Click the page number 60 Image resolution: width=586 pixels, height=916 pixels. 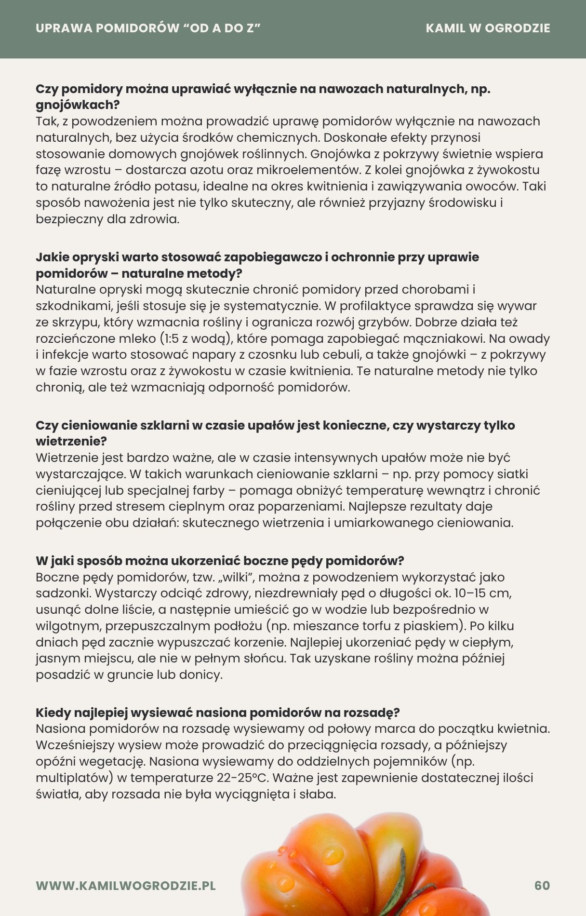point(542,886)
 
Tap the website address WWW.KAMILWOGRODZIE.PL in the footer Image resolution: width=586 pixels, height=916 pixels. point(126,886)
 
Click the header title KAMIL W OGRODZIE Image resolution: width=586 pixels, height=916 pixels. point(488,28)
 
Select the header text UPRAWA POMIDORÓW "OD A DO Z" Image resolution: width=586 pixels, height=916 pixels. point(148,28)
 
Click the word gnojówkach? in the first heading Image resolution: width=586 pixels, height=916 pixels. point(78,105)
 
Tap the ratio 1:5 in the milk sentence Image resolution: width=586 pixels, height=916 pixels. point(172,338)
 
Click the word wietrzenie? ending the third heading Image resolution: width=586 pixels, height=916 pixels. point(71,441)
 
